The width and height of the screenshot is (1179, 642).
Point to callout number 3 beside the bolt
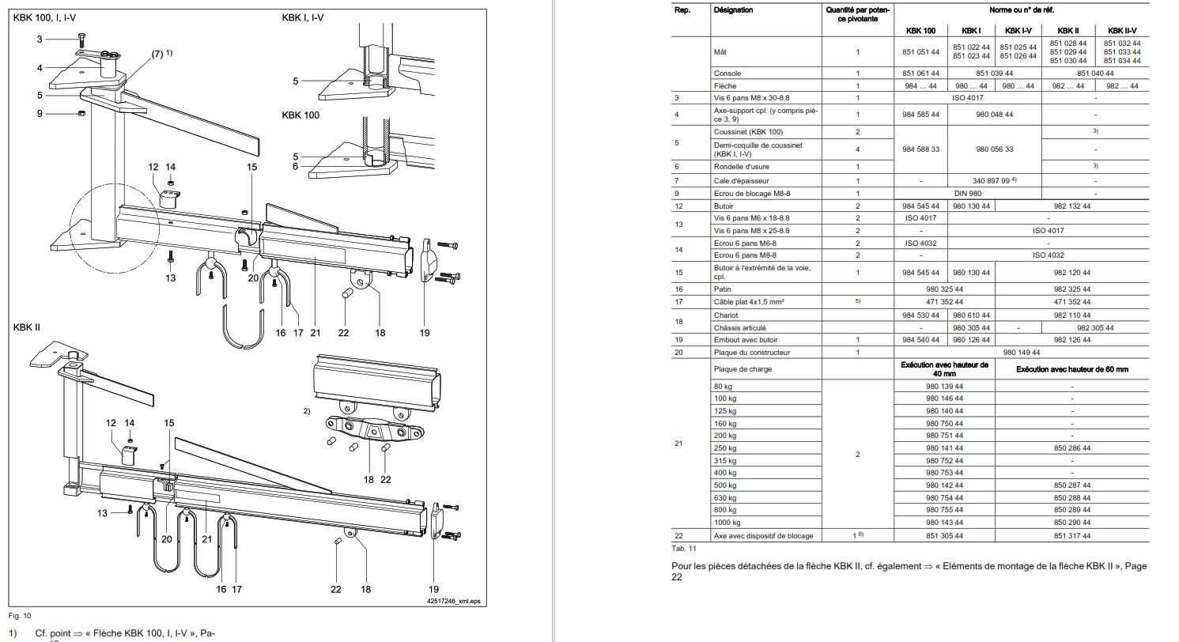click(39, 39)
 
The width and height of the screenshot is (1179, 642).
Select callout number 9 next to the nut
click(39, 114)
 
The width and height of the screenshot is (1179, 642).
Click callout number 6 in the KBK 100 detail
click(296, 167)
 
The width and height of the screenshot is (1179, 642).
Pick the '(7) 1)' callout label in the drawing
click(161, 54)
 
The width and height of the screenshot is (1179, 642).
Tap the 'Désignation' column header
click(733, 10)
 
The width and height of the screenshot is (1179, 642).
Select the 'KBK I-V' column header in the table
click(1018, 31)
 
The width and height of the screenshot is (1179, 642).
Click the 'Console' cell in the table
click(727, 74)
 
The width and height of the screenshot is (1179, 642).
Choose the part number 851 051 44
click(920, 52)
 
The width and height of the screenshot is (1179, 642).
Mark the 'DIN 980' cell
click(969, 194)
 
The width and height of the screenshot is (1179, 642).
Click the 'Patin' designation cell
click(723, 289)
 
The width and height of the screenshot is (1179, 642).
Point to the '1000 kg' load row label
click(727, 523)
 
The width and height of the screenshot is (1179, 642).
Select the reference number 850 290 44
click(1071, 523)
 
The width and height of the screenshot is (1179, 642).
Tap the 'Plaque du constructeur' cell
click(751, 353)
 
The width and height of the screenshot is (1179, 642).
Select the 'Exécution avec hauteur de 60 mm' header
click(1071, 369)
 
